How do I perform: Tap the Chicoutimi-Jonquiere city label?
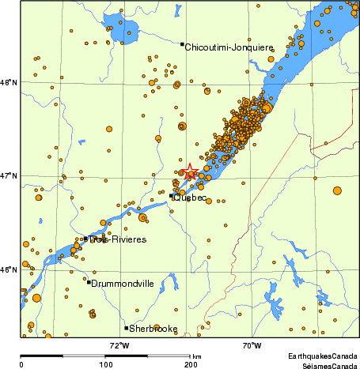(229, 47)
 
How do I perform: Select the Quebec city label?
(190, 198)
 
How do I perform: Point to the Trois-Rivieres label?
(118, 239)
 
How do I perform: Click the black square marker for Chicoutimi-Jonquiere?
(182, 44)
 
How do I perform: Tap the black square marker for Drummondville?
(89, 281)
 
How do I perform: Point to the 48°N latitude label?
(9, 81)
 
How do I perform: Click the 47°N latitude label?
(9, 175)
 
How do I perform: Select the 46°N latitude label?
(9, 269)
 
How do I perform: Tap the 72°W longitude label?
(119, 345)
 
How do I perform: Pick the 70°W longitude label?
(252, 345)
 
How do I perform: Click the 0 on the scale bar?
(21, 365)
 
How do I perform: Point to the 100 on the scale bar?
(105, 365)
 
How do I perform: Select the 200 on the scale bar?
(190, 365)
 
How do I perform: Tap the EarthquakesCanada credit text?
(322, 356)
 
